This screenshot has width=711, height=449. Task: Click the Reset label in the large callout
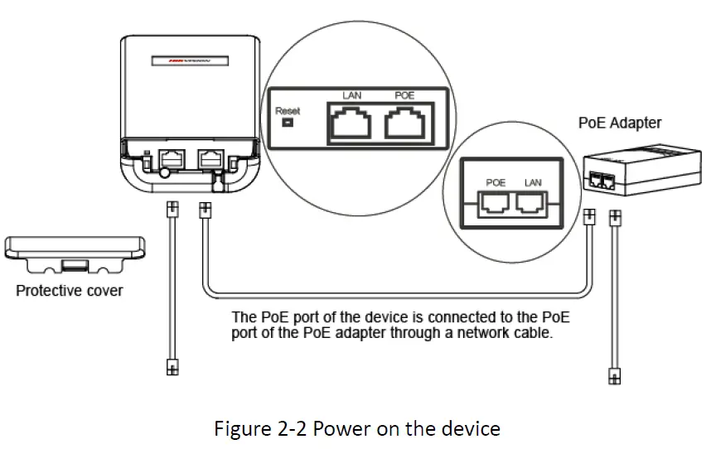pos(288,110)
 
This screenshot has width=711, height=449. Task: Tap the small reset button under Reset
pos(288,124)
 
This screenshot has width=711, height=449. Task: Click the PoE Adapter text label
pos(619,123)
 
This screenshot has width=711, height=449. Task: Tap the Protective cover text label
pos(70,291)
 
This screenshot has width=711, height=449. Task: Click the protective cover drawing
pos(75,253)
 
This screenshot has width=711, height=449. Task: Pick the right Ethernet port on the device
pos(210,156)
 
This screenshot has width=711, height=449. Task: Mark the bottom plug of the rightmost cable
pos(614,374)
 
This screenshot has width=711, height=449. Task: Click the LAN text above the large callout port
pos(352,96)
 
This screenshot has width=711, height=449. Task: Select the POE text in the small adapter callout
pos(496,181)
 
